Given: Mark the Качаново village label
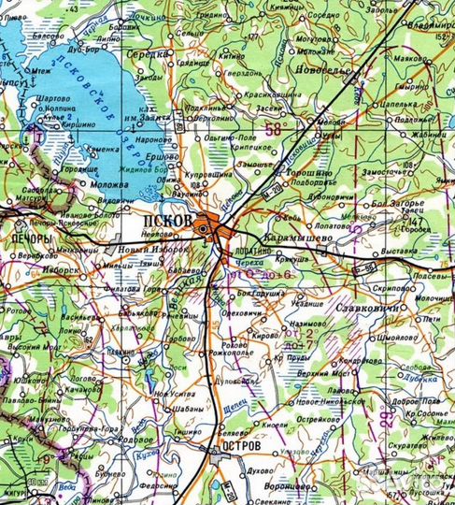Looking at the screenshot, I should coord(83,387).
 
